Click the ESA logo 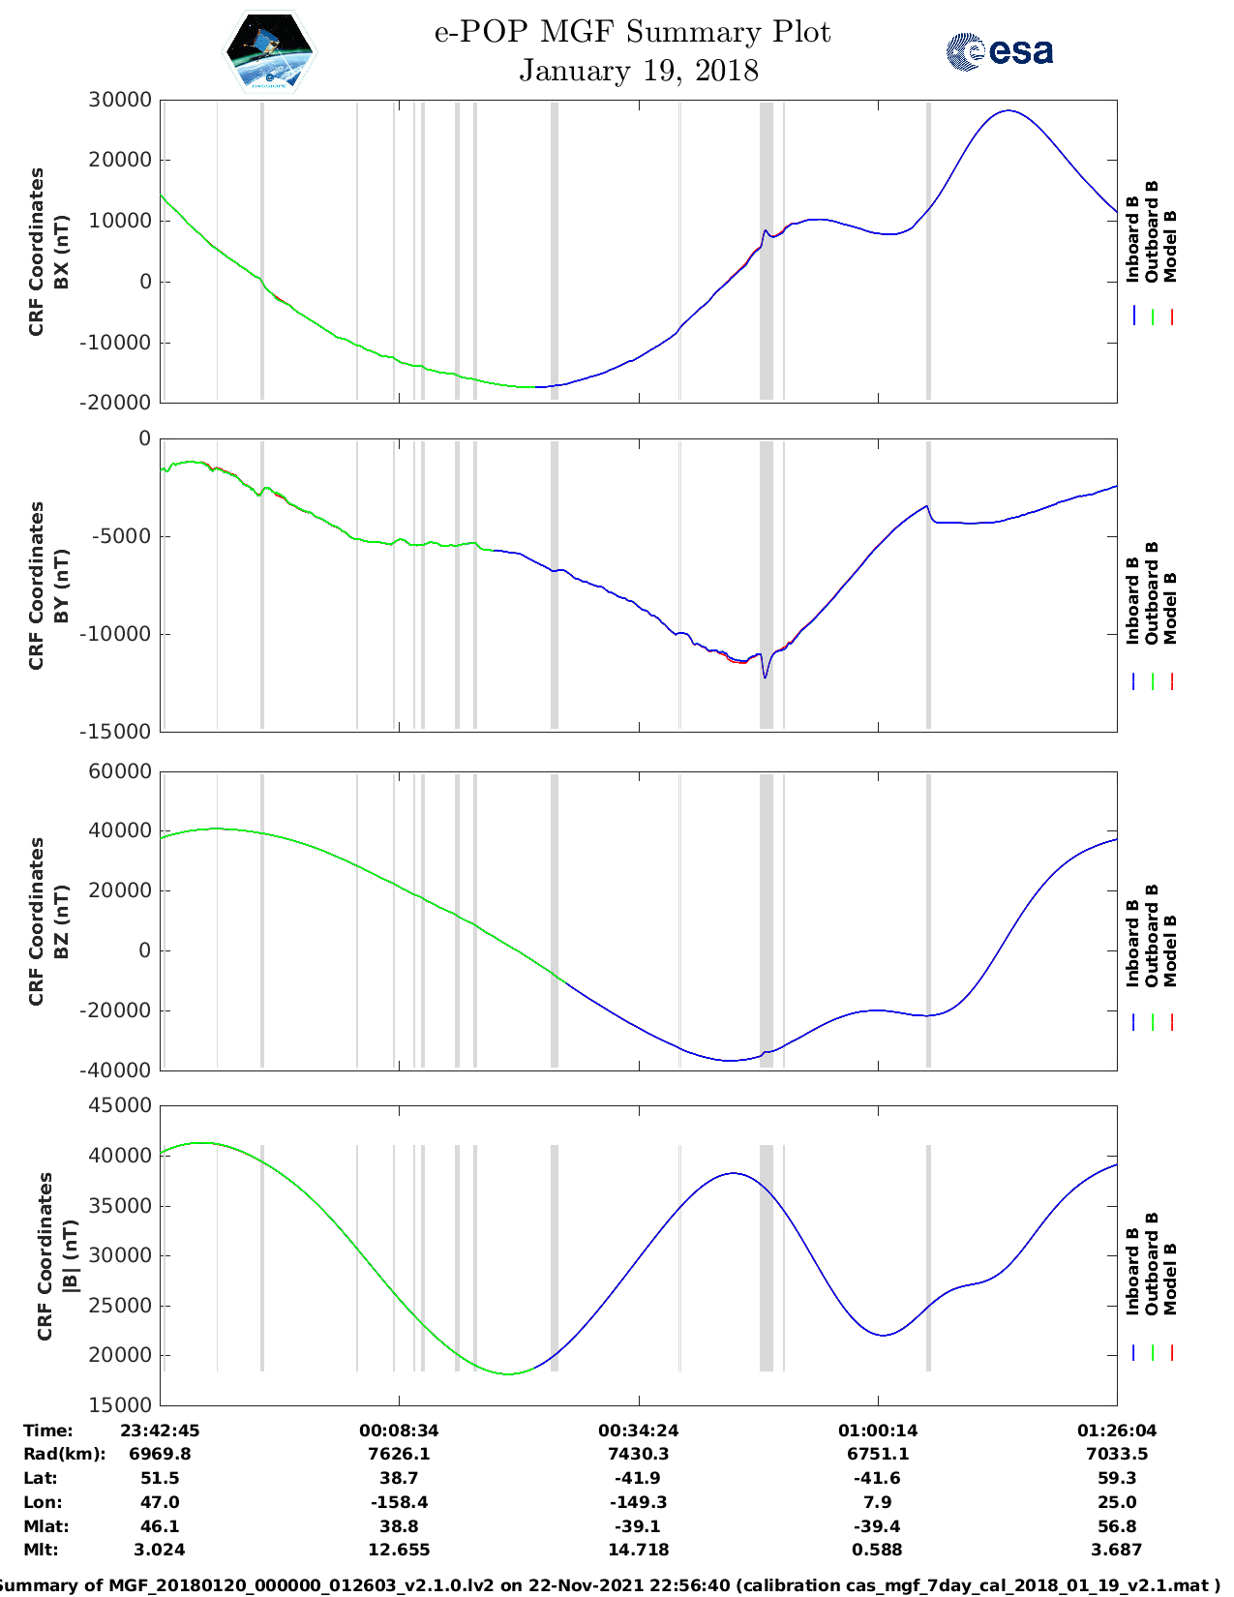pos(1000,51)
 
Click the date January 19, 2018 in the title pos(638,71)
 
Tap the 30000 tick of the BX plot pos(120,100)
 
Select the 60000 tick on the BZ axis pos(120,771)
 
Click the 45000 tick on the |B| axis pos(120,1105)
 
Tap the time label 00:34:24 pos(638,1431)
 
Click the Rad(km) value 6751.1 pos(878,1454)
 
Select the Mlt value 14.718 pos(638,1550)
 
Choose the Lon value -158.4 pos(399,1502)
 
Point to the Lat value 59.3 pos(1117,1478)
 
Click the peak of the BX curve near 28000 pos(1008,110)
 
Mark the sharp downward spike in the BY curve pos(765,677)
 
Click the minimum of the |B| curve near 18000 pos(509,1373)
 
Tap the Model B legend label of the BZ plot pos(1170,950)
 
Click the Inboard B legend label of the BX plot pos(1133,239)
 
